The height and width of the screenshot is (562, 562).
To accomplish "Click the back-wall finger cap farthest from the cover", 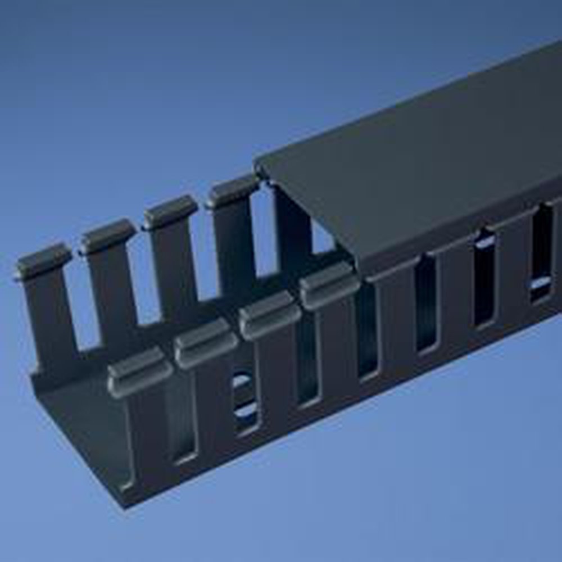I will point(43,260).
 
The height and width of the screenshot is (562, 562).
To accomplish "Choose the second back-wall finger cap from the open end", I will point(108,235).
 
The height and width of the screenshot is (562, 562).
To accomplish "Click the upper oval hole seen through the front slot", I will point(242,381).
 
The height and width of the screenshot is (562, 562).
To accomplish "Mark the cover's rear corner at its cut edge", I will point(257,165).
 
